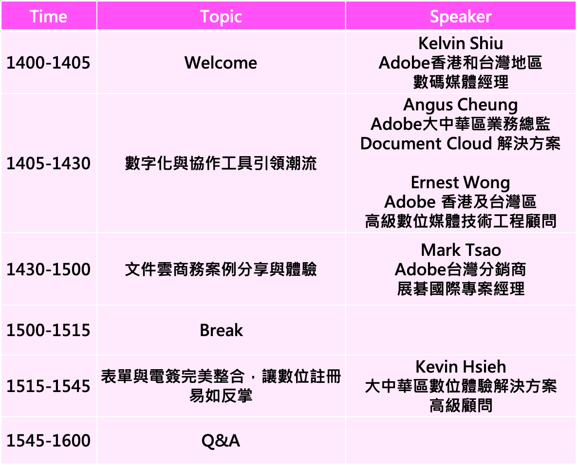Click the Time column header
[x=48, y=17]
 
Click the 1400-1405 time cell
[x=48, y=63]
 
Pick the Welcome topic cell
[x=221, y=63]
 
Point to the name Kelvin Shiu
[x=461, y=43]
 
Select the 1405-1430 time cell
[x=48, y=163]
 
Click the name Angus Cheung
[x=461, y=105]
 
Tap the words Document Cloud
[x=426, y=143]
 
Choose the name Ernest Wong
[x=461, y=183]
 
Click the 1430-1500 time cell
[x=48, y=269]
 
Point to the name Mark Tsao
[x=461, y=250]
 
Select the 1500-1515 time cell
[x=48, y=330]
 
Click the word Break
[x=221, y=330]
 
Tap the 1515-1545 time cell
[x=48, y=386]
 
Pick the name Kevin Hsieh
[x=461, y=367]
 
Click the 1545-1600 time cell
[x=48, y=440]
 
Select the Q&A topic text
[x=221, y=441]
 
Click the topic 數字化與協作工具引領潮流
[x=221, y=163]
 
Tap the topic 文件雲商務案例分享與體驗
[x=221, y=269]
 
